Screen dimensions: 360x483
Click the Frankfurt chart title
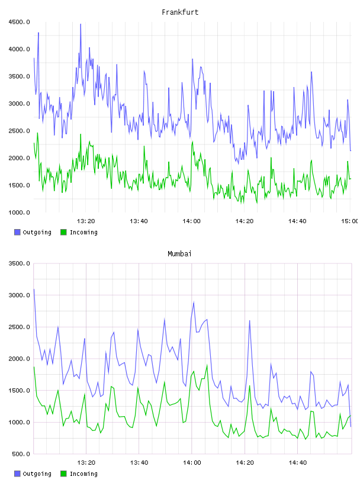(x=180, y=12)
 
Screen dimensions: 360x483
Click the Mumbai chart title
(x=179, y=254)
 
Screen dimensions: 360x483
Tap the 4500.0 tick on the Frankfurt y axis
(x=19, y=22)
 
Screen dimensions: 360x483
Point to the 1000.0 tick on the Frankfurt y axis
(x=19, y=212)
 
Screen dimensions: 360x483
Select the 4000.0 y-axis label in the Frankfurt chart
(x=19, y=49)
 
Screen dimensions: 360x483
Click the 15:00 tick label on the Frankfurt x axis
(x=349, y=221)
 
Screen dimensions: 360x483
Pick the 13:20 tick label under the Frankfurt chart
(x=86, y=221)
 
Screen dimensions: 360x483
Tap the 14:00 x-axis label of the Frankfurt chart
(x=191, y=221)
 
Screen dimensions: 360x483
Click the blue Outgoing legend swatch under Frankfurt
(x=17, y=232)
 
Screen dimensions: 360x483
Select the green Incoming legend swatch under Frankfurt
(x=63, y=232)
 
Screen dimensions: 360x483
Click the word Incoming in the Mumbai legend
(x=83, y=474)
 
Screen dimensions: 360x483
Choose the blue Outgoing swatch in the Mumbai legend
(x=17, y=474)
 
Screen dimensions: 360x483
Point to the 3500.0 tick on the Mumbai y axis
(x=19, y=263)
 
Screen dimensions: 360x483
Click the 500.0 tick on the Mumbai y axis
(x=21, y=454)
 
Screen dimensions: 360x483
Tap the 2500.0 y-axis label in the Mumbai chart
(x=19, y=327)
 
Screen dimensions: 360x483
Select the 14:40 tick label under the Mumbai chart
(x=297, y=463)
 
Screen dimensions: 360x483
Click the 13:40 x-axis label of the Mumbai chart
(x=139, y=463)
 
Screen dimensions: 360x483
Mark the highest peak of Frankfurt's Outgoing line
(x=81, y=24)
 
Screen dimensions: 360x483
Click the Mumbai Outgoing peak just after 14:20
(x=250, y=321)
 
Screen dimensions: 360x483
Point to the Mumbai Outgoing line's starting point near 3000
(x=34, y=289)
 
